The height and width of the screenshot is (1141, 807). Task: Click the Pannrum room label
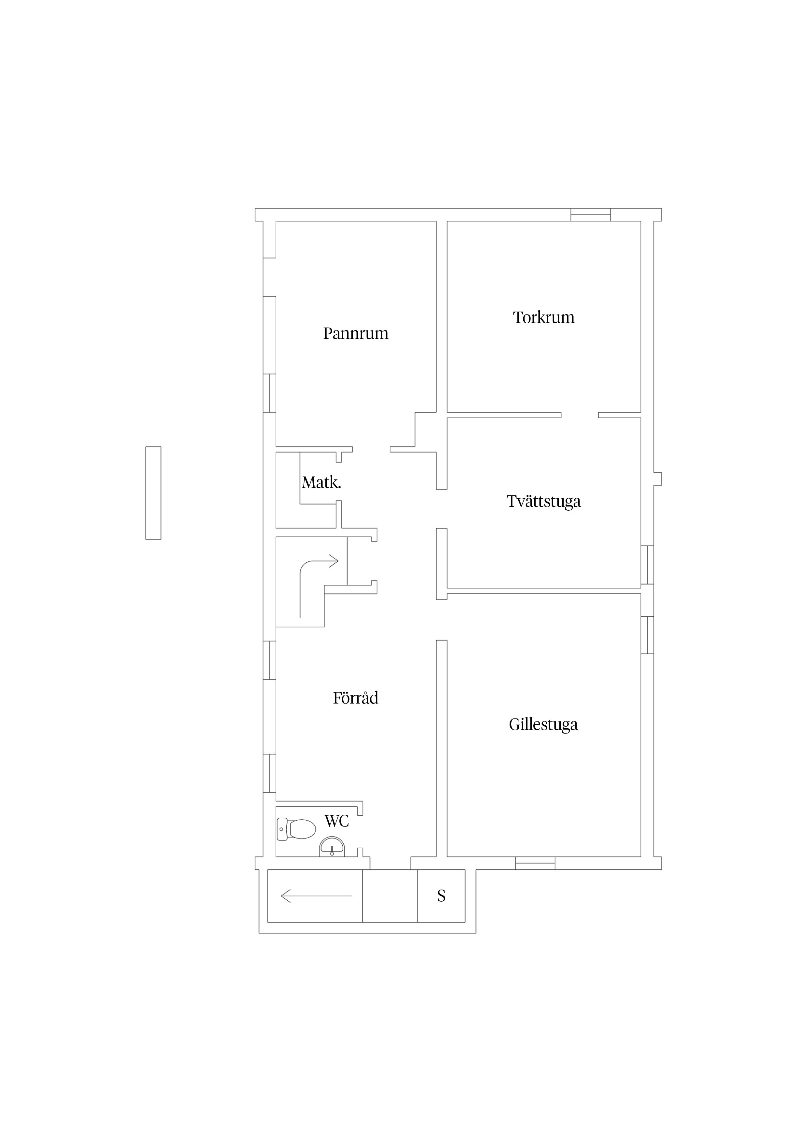tap(356, 333)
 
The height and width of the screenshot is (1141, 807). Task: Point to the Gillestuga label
tap(543, 725)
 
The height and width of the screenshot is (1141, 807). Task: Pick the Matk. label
tap(322, 483)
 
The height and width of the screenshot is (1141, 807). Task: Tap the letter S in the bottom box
tap(441, 896)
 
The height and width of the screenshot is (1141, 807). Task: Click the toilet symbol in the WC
tap(296, 829)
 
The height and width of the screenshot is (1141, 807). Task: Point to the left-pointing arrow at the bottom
tap(317, 896)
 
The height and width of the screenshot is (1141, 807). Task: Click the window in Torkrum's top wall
tap(590, 215)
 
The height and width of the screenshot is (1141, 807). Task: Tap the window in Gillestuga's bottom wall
tap(535, 863)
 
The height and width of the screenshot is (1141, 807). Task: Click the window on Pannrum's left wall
tap(269, 393)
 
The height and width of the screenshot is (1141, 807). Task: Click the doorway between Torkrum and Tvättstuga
tap(580, 415)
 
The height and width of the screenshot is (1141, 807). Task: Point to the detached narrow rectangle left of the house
tap(153, 493)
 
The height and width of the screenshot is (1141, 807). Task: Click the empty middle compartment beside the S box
tap(390, 896)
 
